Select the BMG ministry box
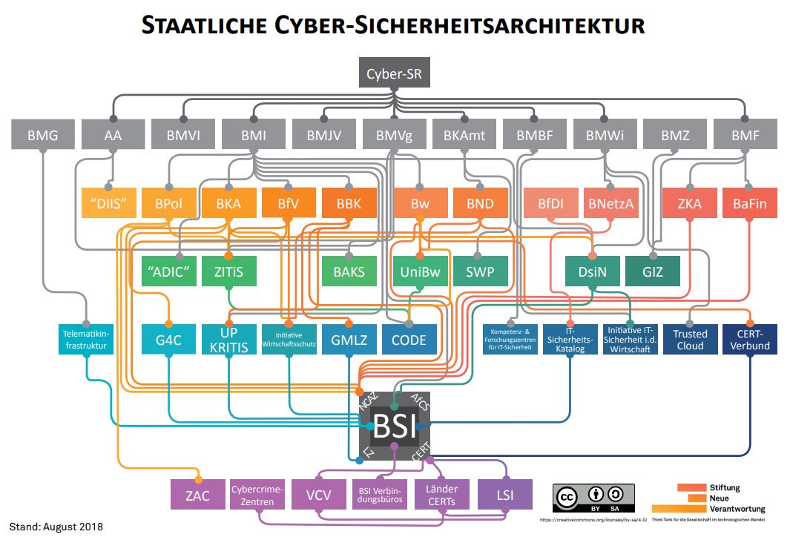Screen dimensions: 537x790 42,136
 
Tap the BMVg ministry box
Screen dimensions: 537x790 393,136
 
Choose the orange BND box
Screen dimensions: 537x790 479,203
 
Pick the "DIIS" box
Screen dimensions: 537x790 109,203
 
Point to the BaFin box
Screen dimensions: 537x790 749,203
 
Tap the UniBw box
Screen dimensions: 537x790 420,271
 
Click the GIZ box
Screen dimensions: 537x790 652,271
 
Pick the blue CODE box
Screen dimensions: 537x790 409,339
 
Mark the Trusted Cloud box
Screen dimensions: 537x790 690,339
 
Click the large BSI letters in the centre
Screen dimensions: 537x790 395,426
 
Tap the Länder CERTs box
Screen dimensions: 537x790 441,495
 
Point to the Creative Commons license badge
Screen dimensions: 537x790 593,498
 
